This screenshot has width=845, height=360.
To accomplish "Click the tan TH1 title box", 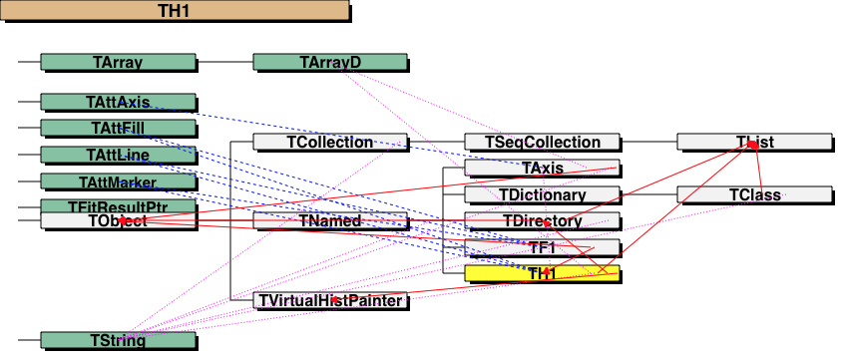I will click(175, 11).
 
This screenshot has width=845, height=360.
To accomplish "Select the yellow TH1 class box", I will click(542, 273).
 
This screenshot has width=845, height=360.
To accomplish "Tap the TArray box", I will click(118, 63).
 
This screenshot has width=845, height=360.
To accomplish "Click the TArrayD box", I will click(330, 63).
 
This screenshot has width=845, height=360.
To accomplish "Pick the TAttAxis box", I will click(118, 102).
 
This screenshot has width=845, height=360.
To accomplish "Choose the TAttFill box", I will click(118, 128).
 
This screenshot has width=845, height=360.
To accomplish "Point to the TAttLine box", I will click(118, 155).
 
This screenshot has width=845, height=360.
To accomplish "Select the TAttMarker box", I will click(118, 181).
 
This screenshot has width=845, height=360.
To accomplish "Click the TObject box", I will click(118, 221).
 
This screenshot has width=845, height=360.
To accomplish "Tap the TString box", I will click(118, 341).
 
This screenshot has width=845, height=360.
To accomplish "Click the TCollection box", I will click(330, 142).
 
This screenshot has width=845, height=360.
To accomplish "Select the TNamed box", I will click(330, 220).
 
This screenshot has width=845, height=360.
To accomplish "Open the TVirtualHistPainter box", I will click(330, 300).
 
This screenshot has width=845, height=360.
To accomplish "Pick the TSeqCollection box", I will click(542, 142).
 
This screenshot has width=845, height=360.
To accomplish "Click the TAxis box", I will click(542, 168).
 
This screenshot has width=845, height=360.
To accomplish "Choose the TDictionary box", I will click(542, 194).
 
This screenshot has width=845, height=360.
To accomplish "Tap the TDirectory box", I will click(542, 220).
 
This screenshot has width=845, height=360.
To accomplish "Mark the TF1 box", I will click(542, 247).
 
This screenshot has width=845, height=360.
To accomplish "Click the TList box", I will click(754, 142).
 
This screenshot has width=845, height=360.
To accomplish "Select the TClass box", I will click(754, 194).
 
